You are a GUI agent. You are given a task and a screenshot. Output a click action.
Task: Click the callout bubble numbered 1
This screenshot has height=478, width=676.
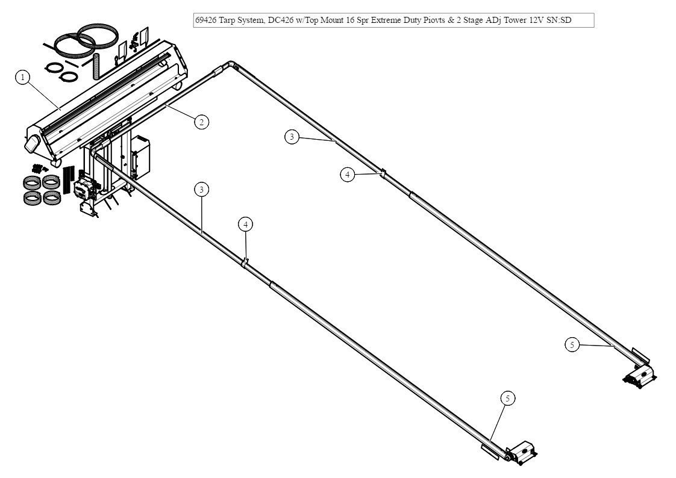pos(22,77)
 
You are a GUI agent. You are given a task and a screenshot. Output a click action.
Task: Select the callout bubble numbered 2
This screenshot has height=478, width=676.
pos(201,122)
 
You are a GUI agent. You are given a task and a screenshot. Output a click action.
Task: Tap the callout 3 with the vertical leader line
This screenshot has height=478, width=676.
pos(202,189)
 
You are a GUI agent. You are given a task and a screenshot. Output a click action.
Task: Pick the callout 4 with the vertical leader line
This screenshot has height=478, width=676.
pos(245,224)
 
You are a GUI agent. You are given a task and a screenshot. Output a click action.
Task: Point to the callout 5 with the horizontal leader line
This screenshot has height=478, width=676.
pos(572,344)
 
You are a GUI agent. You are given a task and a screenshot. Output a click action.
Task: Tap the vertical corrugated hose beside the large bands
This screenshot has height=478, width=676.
pos(95,65)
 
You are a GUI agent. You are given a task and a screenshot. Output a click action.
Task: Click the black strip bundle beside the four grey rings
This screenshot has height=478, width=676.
pos(67,174)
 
